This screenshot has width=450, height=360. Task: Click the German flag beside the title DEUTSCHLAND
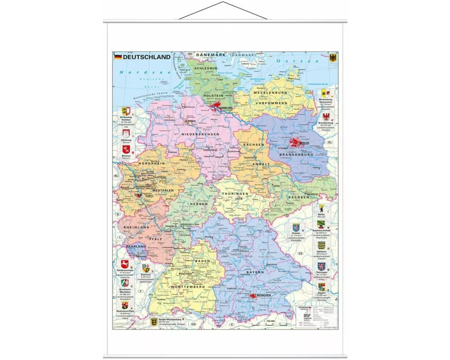click(x=117, y=57)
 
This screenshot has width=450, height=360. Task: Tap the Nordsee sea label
click(x=131, y=72)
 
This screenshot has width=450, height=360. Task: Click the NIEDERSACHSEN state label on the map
click(x=200, y=135)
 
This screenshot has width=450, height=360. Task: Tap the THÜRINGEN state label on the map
click(x=234, y=193)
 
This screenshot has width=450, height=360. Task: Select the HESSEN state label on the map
click(x=199, y=204)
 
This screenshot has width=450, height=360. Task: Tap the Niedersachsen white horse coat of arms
click(x=125, y=264)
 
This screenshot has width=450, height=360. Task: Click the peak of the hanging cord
click(x=223, y=3)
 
